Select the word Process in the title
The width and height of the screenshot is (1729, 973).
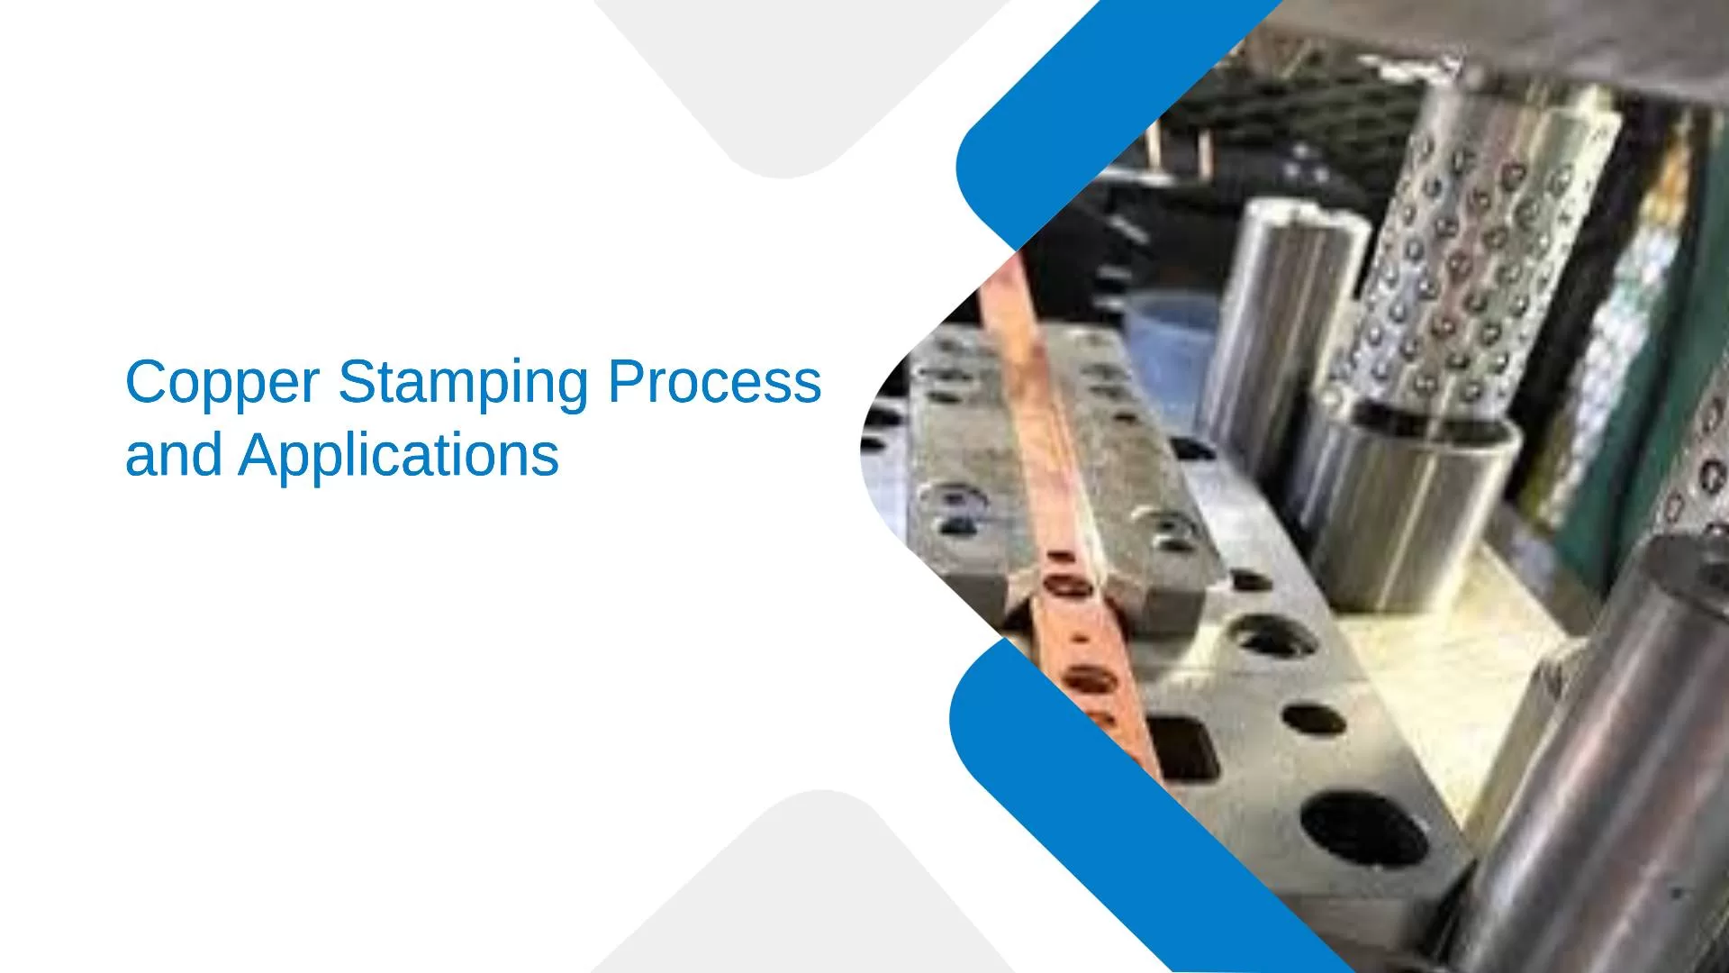pos(715,382)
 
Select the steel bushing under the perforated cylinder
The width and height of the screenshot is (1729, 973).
pos(1405,505)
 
